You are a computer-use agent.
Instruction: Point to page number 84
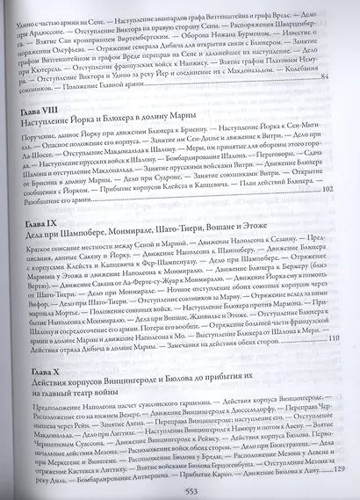330,78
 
